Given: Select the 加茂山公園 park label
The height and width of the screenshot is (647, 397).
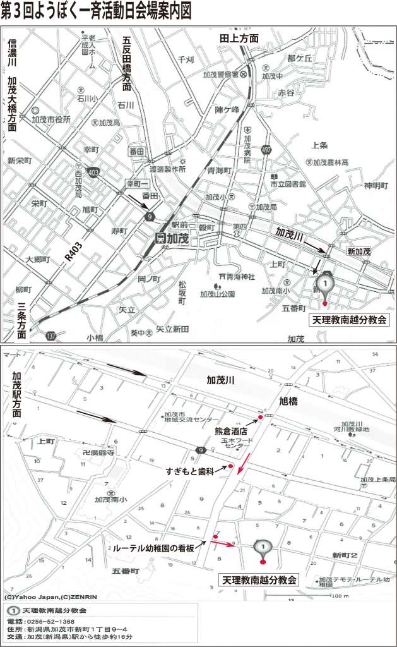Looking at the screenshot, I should click(x=217, y=293).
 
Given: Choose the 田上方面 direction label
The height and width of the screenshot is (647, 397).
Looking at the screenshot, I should click(x=239, y=39).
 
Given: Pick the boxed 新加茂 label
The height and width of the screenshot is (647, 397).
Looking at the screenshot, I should click(x=358, y=251).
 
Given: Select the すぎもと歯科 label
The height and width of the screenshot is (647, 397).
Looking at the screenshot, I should click(x=190, y=471).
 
